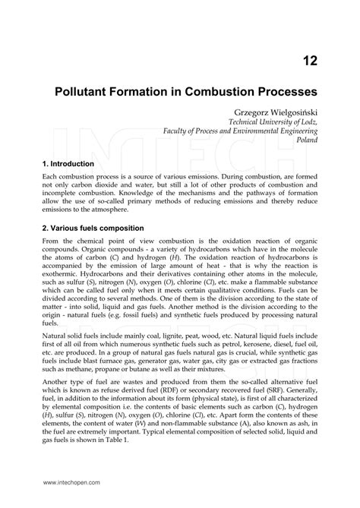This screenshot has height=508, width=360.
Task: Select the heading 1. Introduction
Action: pos(68,163)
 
